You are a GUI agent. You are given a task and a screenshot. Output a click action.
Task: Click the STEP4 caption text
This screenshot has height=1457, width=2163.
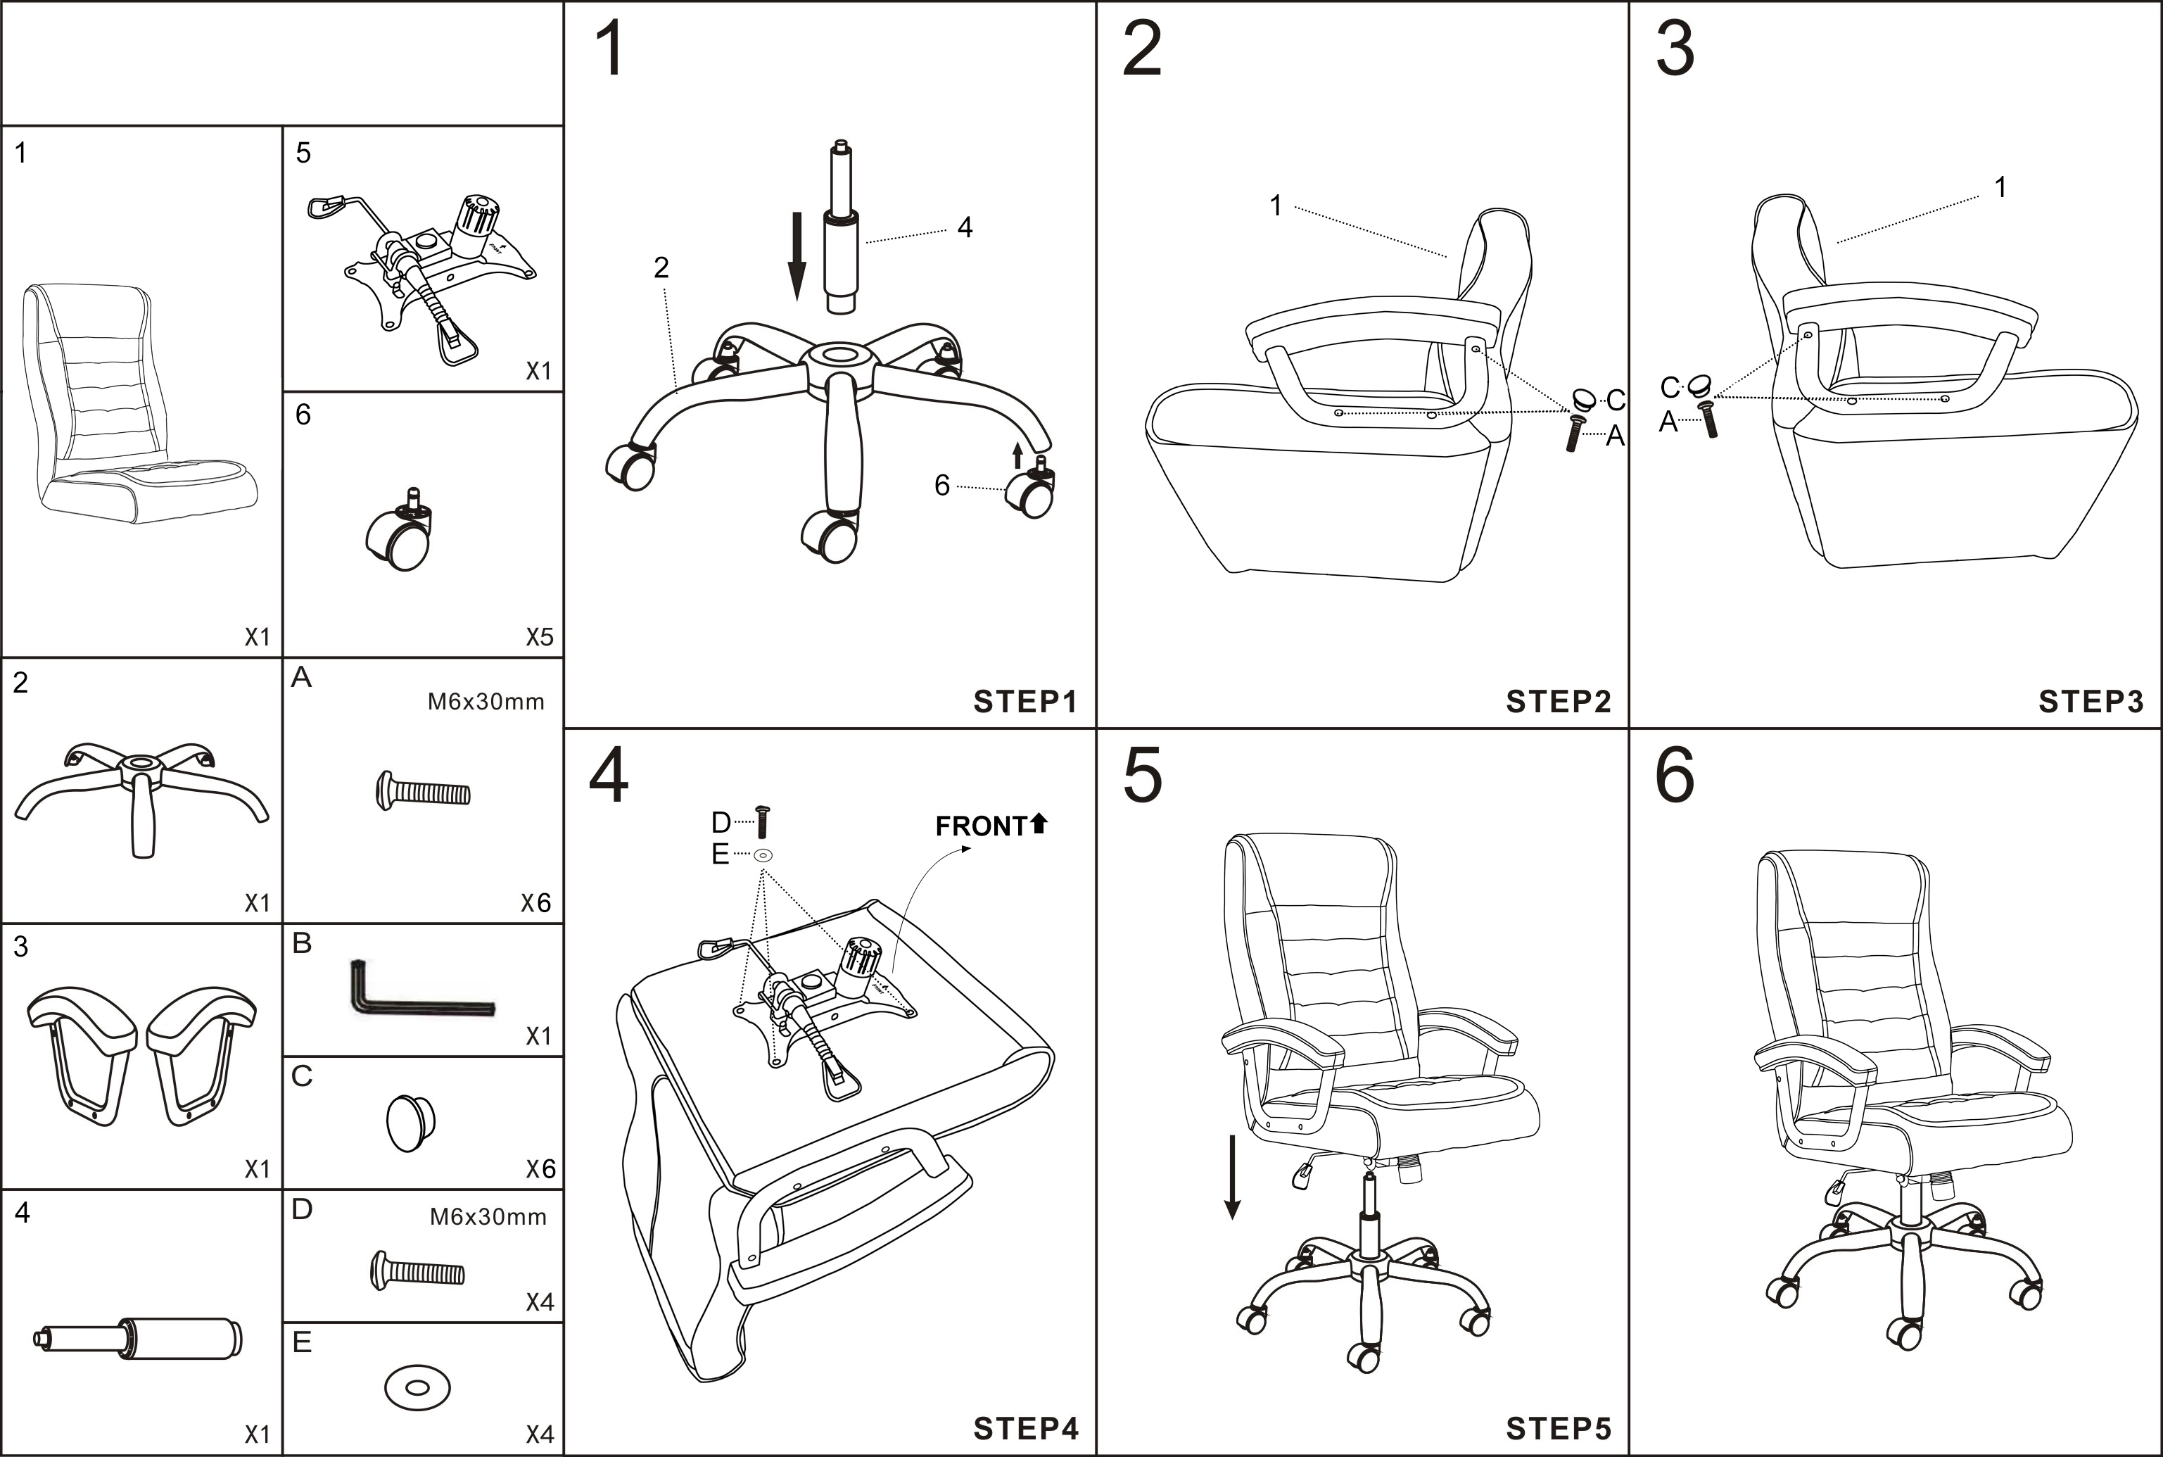click(x=1025, y=1428)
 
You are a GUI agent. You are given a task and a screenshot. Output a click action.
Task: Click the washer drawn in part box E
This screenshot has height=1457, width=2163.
click(x=417, y=1388)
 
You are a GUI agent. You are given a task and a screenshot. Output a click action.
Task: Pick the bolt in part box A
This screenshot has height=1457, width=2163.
click(x=424, y=792)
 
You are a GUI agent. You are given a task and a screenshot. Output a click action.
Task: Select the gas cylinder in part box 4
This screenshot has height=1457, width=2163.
click(x=139, y=1339)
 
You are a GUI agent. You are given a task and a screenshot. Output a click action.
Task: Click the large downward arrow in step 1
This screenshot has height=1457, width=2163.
click(x=797, y=256)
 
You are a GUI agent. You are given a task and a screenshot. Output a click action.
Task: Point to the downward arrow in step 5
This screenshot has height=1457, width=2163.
click(x=1232, y=1175)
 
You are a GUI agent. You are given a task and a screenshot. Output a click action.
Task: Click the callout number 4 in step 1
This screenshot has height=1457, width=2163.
click(x=965, y=227)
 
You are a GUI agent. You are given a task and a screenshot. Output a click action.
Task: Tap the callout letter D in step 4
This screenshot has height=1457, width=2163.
click(x=721, y=822)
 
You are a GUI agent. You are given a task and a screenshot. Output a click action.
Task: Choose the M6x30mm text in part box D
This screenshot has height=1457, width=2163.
click(x=488, y=1217)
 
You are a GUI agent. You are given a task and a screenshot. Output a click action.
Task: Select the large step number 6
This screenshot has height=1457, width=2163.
click(x=1675, y=775)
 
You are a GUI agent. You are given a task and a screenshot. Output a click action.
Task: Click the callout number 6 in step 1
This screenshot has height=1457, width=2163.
click(x=941, y=485)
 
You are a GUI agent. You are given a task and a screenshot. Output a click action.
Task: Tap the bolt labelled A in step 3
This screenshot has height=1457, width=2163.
click(x=1709, y=420)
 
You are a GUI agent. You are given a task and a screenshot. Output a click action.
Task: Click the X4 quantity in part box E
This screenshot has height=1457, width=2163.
click(x=539, y=1434)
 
